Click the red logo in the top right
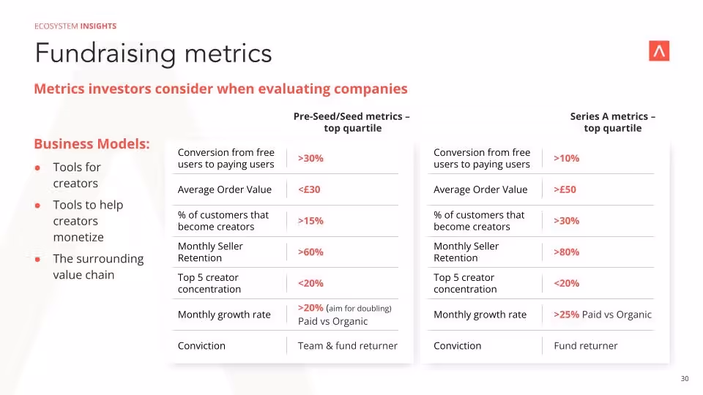click(659, 51)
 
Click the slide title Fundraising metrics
click(153, 53)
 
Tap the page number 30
click(685, 378)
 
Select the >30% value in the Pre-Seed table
click(310, 158)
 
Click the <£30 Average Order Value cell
click(309, 189)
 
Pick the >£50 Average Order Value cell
click(565, 189)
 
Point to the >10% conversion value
click(566, 158)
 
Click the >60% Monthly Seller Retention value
click(310, 252)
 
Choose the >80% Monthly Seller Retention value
click(566, 252)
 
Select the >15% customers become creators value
click(310, 221)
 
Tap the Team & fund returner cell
click(347, 345)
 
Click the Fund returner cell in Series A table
click(585, 345)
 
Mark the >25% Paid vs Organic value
click(602, 315)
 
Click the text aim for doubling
click(360, 308)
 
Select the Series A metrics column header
click(612, 122)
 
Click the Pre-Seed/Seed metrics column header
click(351, 122)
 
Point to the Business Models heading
click(92, 143)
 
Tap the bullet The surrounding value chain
click(98, 267)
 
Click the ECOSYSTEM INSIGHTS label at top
click(75, 26)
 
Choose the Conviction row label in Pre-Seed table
click(201, 345)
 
